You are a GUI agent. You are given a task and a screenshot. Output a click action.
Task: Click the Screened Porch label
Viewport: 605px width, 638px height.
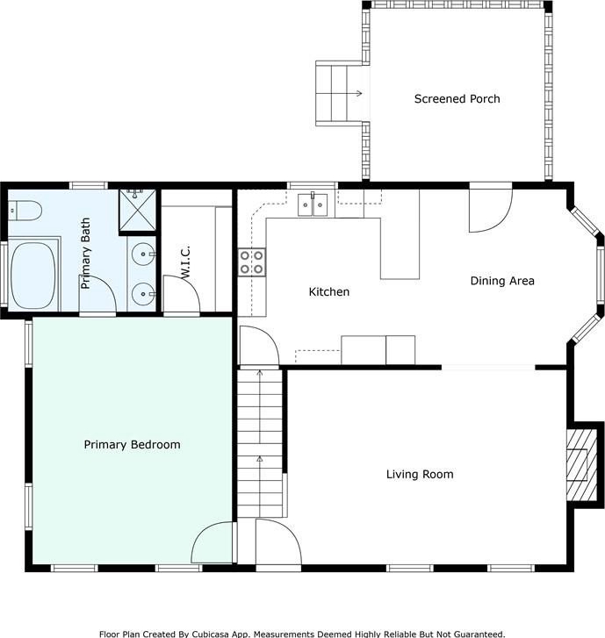[457, 99]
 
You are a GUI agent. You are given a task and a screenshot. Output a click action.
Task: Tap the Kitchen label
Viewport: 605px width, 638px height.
[329, 291]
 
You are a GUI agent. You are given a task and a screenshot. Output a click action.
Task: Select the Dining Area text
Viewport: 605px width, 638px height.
[502, 281]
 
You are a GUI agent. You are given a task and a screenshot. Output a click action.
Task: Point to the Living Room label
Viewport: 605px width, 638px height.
[420, 474]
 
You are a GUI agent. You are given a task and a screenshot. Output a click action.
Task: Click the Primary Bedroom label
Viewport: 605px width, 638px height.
[132, 444]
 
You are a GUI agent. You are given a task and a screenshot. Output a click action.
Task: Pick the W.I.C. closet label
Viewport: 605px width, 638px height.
[185, 262]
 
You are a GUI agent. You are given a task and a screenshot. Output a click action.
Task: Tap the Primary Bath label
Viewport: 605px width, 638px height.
[85, 253]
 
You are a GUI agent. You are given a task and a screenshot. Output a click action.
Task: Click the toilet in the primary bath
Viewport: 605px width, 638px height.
[25, 211]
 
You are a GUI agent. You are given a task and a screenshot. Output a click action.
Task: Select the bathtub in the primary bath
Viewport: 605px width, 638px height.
[33, 275]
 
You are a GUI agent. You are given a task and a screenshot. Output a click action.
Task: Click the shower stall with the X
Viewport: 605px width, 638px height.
[138, 211]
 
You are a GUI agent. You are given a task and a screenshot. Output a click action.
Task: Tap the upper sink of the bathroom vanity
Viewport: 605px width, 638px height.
[143, 254]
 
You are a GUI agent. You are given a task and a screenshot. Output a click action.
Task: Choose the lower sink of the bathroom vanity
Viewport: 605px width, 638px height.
[143, 293]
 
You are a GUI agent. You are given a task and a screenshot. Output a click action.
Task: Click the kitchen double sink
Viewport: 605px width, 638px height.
[313, 204]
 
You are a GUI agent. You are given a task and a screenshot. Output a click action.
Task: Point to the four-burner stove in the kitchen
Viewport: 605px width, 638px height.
[252, 262]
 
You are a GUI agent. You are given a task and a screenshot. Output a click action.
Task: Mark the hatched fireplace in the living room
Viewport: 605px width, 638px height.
[582, 464]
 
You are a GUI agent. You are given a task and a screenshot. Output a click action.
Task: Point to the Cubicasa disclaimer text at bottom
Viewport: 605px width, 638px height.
[302, 634]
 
